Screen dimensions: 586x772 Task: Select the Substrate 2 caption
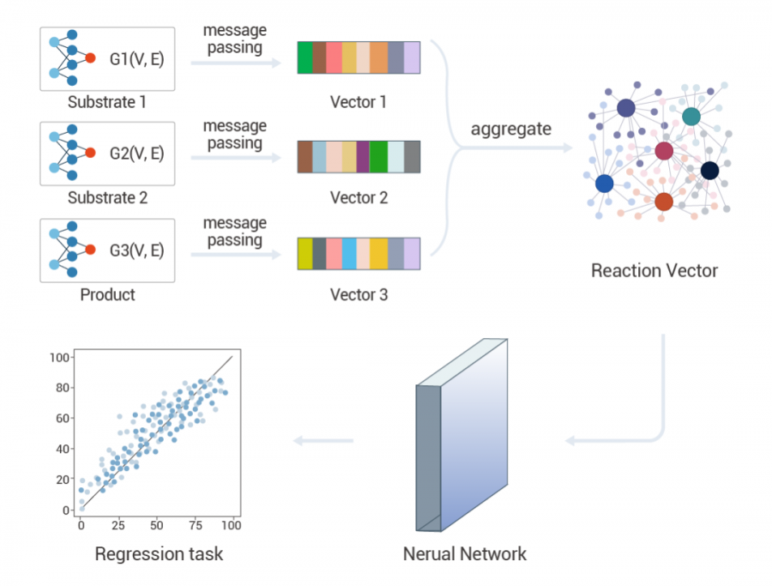[108, 198]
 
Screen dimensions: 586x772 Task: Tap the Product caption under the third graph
[108, 295]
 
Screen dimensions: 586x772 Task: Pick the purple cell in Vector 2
[363, 157]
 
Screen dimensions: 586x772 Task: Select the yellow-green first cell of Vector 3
[305, 254]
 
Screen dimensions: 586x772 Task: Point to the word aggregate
[511, 130]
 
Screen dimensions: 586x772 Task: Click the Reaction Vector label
[654, 271]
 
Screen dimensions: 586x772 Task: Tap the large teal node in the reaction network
[691, 116]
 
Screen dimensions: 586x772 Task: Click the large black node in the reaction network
[709, 171]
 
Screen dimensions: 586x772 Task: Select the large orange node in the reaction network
[664, 202]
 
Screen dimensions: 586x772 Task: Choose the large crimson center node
[664, 152]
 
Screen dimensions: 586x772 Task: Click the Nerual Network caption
[465, 553]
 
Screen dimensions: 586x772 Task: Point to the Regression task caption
[159, 553]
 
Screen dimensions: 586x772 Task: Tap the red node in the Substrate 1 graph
[91, 57]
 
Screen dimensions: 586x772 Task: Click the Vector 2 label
[359, 198]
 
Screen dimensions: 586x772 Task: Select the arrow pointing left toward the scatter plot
[323, 441]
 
